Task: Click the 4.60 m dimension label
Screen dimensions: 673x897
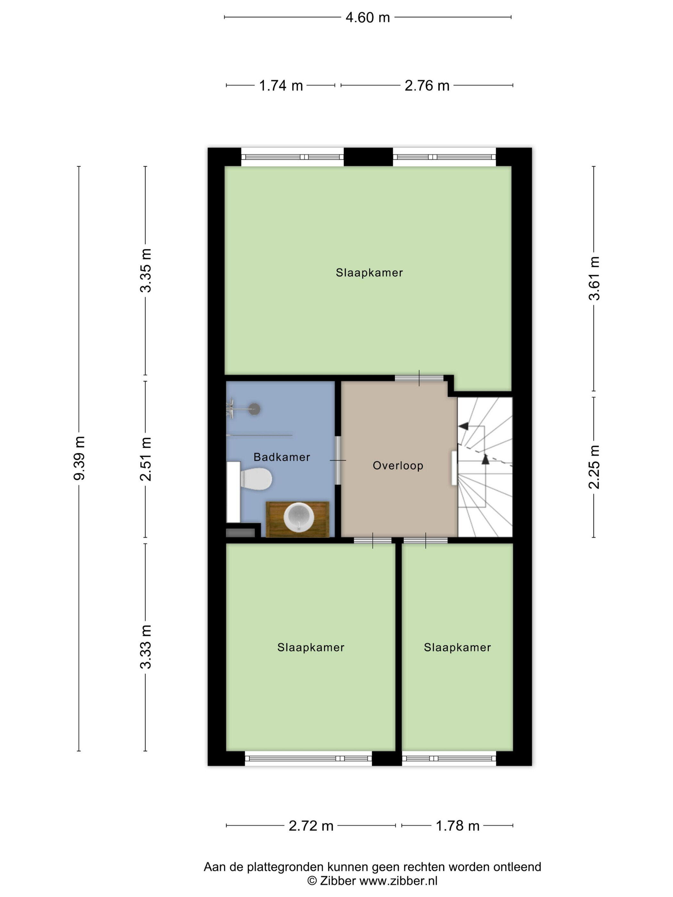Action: [x=368, y=17]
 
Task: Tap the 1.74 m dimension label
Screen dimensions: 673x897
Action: [x=281, y=86]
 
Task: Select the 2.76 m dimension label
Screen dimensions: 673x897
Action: [x=427, y=86]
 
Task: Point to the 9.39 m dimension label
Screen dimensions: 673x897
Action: [x=79, y=458]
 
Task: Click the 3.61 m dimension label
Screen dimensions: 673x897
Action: [x=594, y=278]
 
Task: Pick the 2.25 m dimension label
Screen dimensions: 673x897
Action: [x=594, y=467]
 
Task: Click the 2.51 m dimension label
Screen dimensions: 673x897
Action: [x=145, y=459]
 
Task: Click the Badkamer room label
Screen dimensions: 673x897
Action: [x=281, y=457]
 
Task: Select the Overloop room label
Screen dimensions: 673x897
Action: [x=398, y=465]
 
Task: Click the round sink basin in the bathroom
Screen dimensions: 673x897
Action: [x=299, y=517]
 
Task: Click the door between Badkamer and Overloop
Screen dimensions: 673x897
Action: [x=337, y=460]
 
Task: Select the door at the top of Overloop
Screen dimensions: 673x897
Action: [x=419, y=378]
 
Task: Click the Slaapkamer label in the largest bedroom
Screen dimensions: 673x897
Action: [x=369, y=273]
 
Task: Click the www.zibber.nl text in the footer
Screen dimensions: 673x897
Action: [x=398, y=880]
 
